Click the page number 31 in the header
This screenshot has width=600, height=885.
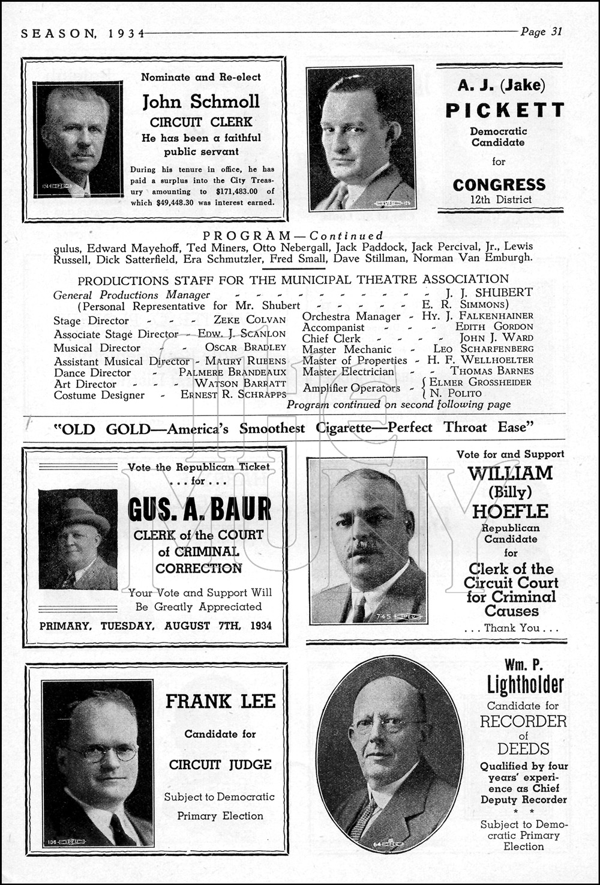(556, 32)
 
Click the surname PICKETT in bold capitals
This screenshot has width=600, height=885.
(505, 110)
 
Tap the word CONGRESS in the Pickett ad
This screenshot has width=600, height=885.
(499, 184)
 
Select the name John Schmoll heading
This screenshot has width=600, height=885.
(201, 101)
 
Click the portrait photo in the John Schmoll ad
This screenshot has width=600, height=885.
(77, 139)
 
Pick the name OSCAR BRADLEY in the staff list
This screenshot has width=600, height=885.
(245, 348)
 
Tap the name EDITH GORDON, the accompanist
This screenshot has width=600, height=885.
(494, 327)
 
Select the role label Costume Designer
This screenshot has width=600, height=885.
(99, 395)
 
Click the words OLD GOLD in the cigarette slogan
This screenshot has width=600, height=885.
(106, 428)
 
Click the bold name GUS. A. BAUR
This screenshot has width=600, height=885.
(199, 509)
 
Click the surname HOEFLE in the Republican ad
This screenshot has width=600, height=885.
(510, 512)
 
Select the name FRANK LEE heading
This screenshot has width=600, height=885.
(220, 701)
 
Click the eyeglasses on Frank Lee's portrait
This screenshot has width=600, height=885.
(102, 753)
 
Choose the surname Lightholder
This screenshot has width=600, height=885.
(525, 684)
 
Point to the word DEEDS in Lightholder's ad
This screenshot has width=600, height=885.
(523, 749)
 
